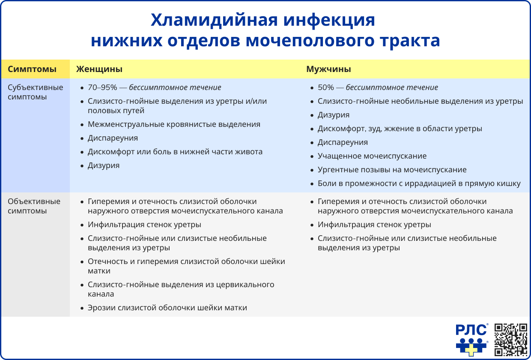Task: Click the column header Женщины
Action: (99, 69)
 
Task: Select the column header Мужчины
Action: (328, 69)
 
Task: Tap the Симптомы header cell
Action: (32, 69)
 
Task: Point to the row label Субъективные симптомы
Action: (36, 92)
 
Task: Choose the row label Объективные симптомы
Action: (34, 206)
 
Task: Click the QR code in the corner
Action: (510, 339)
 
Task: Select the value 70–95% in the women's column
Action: (102, 87)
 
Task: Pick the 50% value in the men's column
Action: (325, 87)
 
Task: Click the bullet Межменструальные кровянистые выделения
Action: (174, 124)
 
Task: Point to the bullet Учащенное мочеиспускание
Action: (372, 156)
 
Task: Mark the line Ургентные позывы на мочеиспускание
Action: (392, 170)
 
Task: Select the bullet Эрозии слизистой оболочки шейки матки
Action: (167, 308)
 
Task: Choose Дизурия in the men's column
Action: (333, 115)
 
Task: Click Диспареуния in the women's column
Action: (113, 138)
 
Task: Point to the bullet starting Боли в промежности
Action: (419, 183)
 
